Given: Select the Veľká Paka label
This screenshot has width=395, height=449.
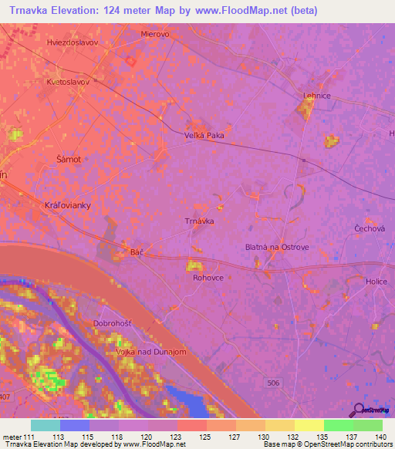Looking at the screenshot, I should [x=204, y=136].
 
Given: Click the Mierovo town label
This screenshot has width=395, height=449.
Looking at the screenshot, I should [x=154, y=35].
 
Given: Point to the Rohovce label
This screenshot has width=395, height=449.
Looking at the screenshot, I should [x=208, y=278].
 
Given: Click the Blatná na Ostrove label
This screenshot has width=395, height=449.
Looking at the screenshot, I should [x=277, y=247].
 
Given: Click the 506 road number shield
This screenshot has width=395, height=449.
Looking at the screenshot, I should [x=276, y=383].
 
